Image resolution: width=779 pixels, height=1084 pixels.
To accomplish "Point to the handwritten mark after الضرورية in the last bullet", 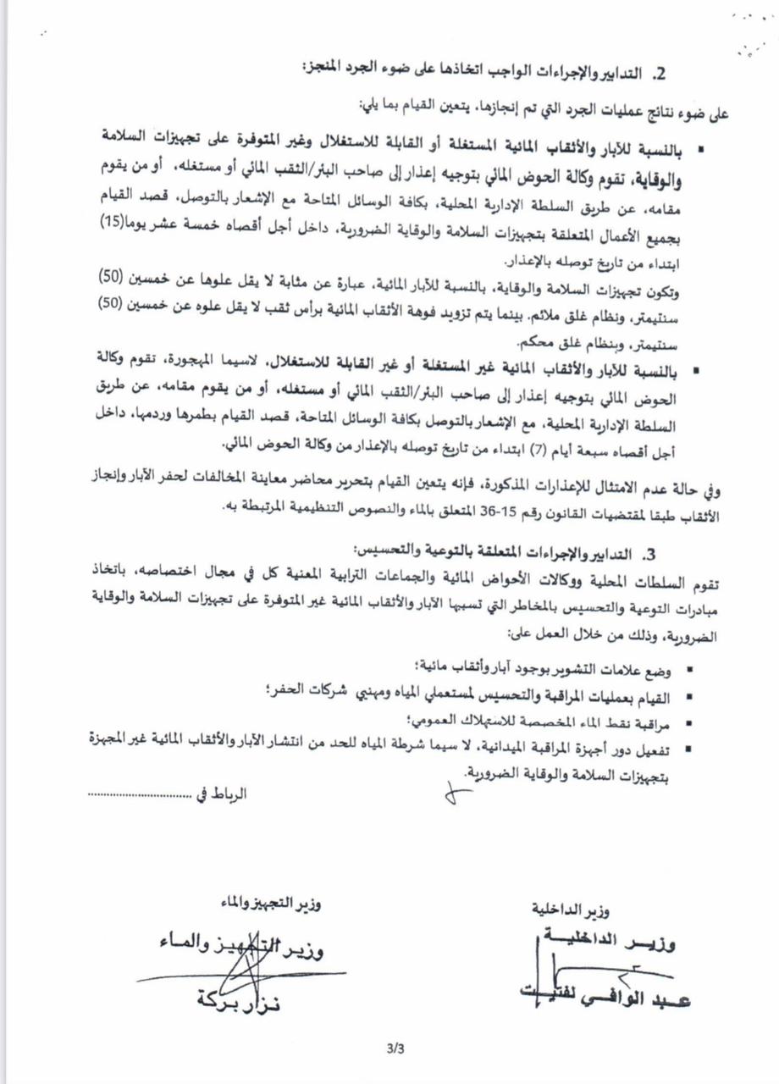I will click(458, 794).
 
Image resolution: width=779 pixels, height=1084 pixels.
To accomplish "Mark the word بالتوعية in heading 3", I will click(450, 555).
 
